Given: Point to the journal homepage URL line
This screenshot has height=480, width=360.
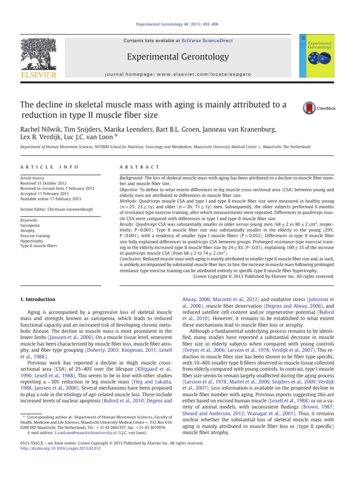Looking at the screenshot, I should [180, 75].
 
